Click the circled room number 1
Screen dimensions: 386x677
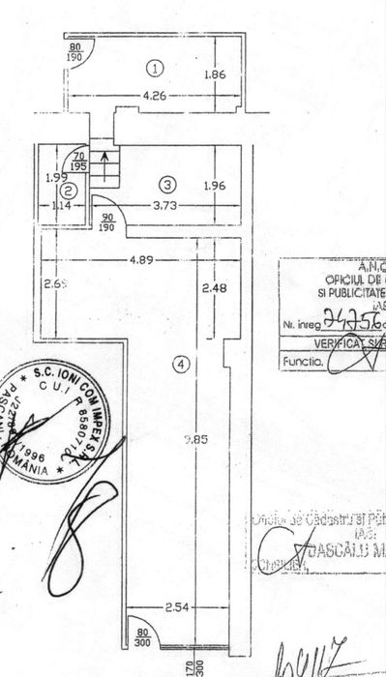tap(154, 67)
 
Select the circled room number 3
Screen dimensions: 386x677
tap(167, 183)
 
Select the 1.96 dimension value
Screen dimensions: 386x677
tap(215, 184)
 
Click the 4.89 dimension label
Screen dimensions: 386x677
tap(141, 259)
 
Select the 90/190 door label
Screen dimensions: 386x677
tap(106, 221)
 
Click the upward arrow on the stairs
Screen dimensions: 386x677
tap(104, 178)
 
